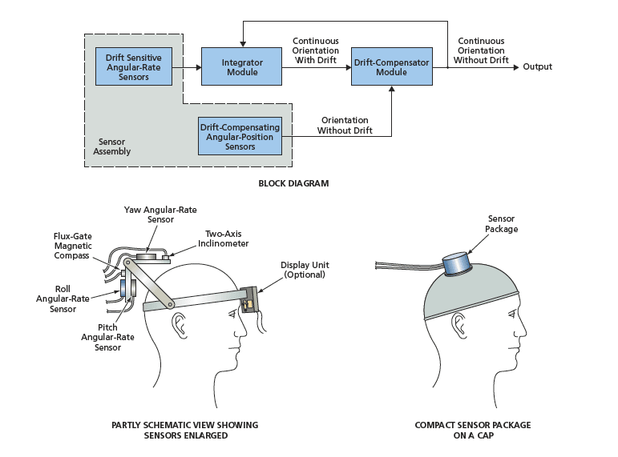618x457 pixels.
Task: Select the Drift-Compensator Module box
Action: tap(390, 66)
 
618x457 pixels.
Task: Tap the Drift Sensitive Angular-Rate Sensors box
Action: tap(130, 66)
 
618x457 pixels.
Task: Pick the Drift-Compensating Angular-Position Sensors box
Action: tap(240, 135)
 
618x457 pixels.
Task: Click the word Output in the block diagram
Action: tap(538, 66)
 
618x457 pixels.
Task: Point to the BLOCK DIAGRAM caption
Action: tap(293, 183)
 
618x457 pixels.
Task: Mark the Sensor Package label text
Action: tap(503, 224)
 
